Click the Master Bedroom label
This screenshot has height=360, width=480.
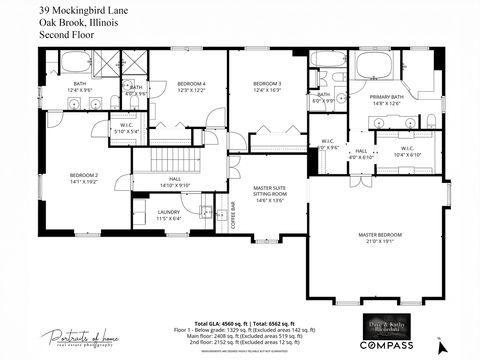tap(378, 235)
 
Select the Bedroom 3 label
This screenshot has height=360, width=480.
tap(266, 83)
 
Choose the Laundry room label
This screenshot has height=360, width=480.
tap(169, 211)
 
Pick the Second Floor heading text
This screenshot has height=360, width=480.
tap(62, 34)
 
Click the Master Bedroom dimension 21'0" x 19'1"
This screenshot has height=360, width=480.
tap(378, 241)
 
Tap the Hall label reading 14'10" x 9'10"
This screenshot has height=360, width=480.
tap(174, 183)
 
